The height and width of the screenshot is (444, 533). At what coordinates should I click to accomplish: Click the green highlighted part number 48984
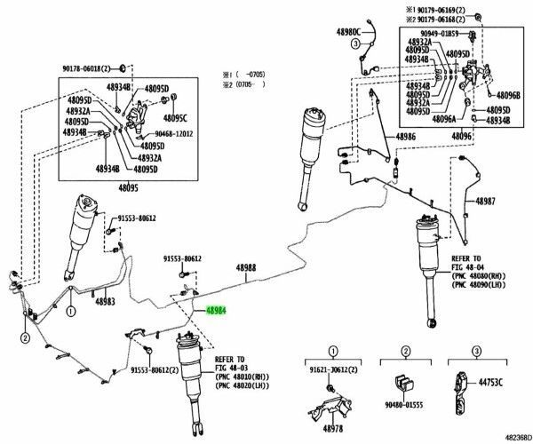point(217,312)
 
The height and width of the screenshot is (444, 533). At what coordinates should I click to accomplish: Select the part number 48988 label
point(246,267)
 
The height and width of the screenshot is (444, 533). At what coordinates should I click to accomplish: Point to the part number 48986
point(406,137)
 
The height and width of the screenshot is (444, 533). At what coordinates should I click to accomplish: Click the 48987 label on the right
point(486,202)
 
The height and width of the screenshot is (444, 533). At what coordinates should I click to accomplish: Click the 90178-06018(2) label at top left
point(90,67)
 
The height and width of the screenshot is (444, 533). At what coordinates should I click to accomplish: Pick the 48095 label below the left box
point(130,188)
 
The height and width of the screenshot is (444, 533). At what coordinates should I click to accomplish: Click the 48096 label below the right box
point(461,137)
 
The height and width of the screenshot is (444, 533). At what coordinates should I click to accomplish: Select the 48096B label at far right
point(508,95)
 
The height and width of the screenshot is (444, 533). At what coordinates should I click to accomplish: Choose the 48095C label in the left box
point(175,116)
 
